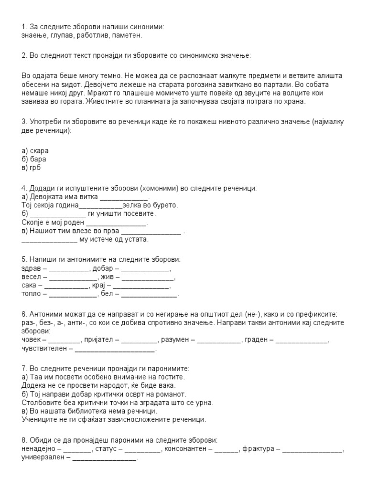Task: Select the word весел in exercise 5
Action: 31,278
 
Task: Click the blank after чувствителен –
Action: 116,350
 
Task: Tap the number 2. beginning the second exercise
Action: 24,56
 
